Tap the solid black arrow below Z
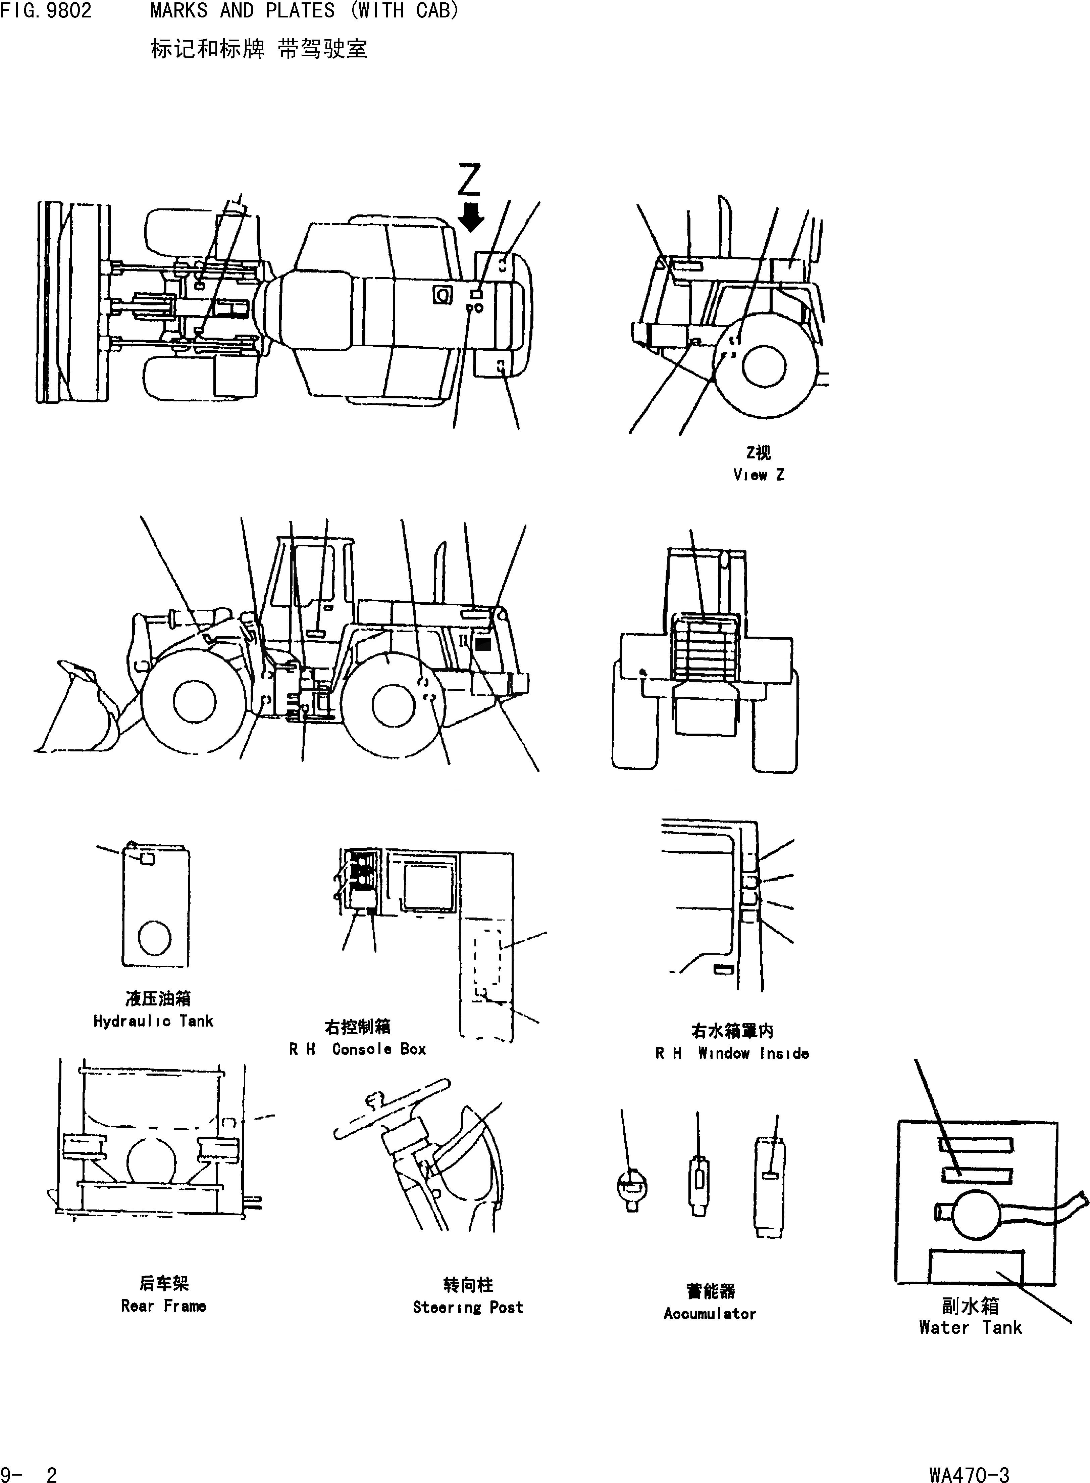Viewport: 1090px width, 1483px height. pos(470,218)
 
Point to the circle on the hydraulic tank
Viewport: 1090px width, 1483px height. pos(155,938)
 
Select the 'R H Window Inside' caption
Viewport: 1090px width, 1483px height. pos(732,1053)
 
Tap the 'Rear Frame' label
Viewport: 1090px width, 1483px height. pos(164,1306)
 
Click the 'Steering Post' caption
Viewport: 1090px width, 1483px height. pos(468,1307)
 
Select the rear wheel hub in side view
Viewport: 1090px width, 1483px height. pos(393,705)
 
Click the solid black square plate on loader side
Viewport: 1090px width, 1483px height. pos(483,643)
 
